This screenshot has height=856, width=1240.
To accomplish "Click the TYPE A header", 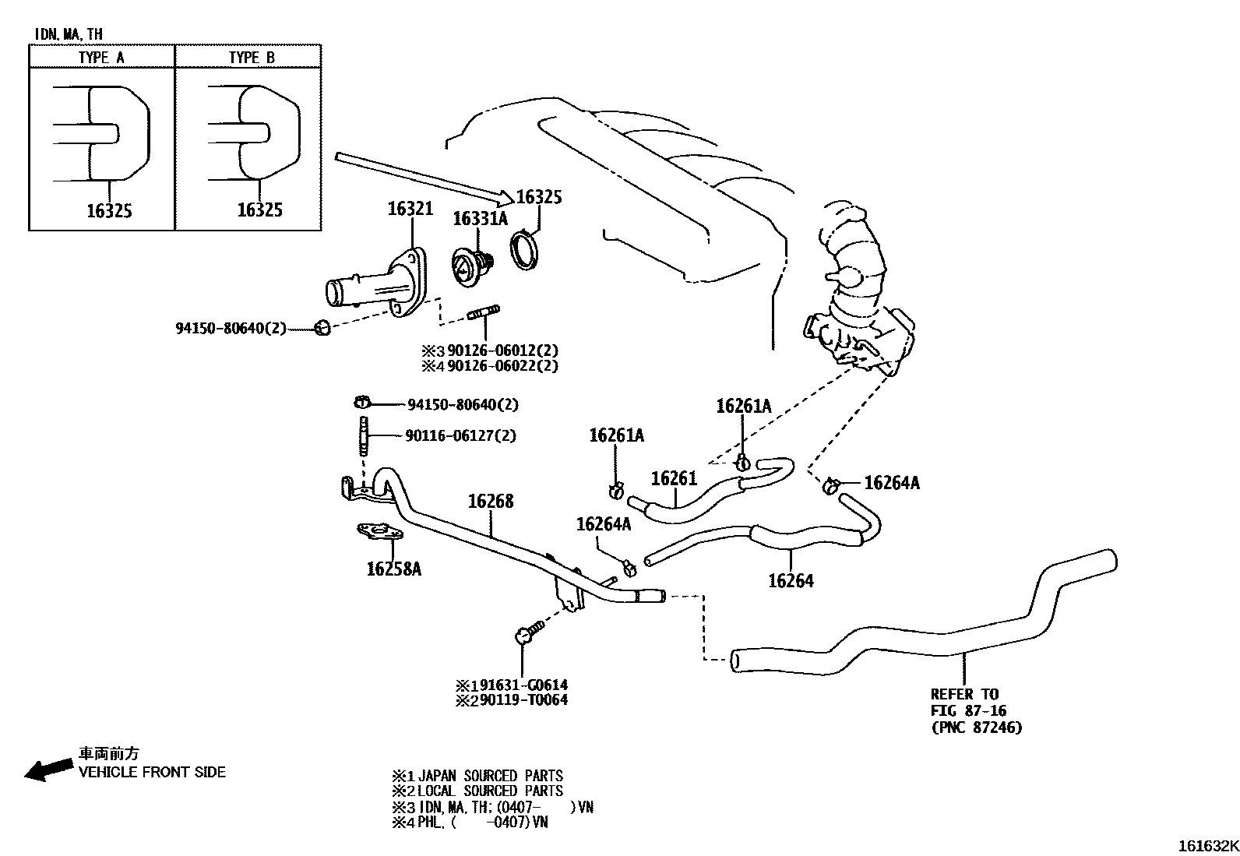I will [x=101, y=58].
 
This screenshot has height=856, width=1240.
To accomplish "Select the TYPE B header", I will [x=252, y=58].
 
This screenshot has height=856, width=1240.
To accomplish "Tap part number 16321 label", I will [x=410, y=209].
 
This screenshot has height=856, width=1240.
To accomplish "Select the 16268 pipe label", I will [x=491, y=501].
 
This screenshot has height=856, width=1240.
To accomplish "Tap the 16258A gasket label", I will [x=393, y=569].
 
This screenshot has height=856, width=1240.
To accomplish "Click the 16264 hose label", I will [x=791, y=580].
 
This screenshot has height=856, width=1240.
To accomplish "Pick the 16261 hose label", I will [x=674, y=478].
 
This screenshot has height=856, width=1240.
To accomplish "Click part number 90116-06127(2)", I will [x=460, y=436].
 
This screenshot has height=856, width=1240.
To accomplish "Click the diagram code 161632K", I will [x=1207, y=846].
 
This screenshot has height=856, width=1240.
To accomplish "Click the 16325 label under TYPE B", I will [x=259, y=210].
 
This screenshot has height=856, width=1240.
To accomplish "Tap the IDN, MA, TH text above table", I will [x=69, y=34].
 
